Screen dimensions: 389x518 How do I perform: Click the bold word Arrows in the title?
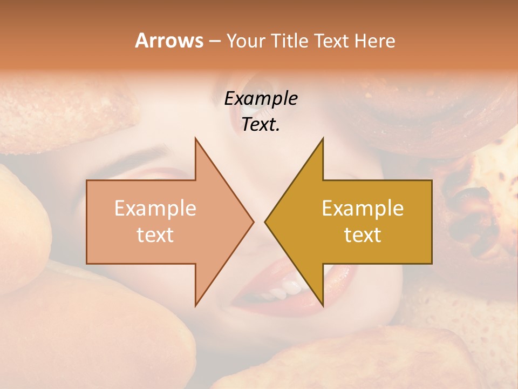pos(169,41)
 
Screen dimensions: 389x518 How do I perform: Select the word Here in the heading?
pos(375,41)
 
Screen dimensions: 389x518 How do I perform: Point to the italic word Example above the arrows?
pos(261,98)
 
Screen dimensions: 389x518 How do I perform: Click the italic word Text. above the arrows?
pos(261,124)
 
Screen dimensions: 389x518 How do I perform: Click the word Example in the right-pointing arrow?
pos(155,209)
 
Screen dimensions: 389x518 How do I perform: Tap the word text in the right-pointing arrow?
pos(155,234)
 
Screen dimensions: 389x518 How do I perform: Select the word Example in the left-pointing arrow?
pos(363,209)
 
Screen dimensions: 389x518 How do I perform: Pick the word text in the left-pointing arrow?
pos(363,234)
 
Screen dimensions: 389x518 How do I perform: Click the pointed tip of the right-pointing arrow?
pos(253,222)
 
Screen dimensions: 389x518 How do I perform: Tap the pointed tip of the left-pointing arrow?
pos(265,222)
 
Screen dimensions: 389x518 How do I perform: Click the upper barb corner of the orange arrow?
pos(195,138)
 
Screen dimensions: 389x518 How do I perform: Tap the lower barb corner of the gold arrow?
pos(323,306)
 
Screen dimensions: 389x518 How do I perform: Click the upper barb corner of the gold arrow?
pos(323,138)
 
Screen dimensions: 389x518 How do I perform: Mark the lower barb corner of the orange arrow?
pos(195,306)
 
